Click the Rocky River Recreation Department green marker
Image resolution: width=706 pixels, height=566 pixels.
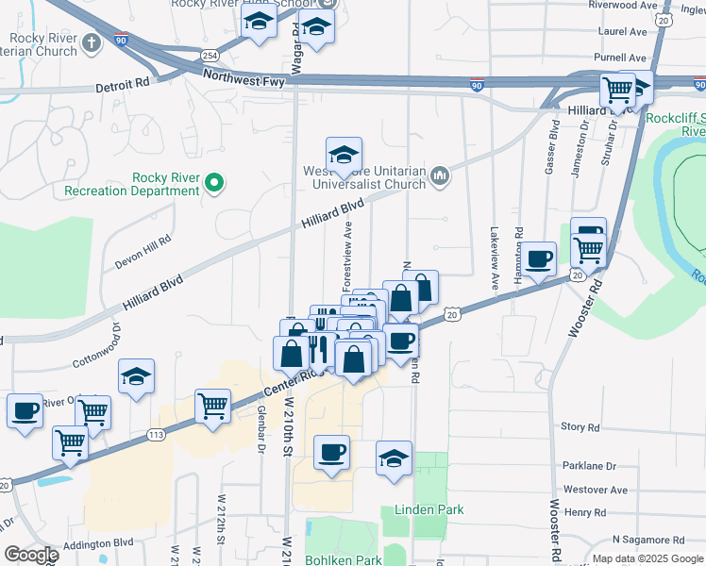tap(214, 182)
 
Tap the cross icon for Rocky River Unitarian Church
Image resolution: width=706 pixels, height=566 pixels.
tap(91, 42)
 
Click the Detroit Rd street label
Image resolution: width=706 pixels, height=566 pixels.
tap(123, 87)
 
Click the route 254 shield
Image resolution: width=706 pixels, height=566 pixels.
tap(209, 56)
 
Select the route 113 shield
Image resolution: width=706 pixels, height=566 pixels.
tap(157, 435)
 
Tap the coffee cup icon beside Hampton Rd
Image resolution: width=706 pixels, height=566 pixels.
tap(540, 258)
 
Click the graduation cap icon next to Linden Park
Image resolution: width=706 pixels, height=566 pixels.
tap(394, 458)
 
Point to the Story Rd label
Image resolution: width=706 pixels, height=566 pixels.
tap(580, 427)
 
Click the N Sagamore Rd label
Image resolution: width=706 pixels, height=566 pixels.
tap(647, 540)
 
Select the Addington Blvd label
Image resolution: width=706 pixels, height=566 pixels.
tap(99, 544)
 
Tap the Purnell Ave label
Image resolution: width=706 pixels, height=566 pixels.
tap(620, 58)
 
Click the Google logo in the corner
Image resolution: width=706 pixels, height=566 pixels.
tap(31, 554)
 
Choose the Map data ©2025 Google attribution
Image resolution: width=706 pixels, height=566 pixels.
tap(647, 558)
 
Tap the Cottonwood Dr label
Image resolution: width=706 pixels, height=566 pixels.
tap(97, 345)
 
